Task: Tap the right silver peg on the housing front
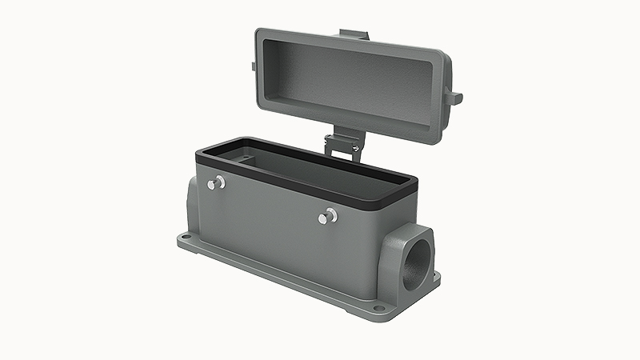point(327,216)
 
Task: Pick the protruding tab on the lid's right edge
point(455,98)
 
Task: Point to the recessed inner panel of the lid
point(348,84)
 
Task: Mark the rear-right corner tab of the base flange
point(436,276)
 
